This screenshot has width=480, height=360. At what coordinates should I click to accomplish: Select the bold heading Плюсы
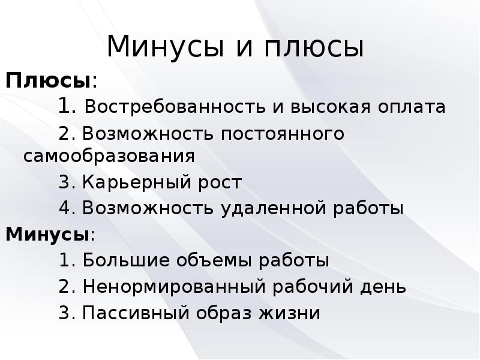[49, 80]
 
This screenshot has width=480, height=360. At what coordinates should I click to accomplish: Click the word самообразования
[110, 155]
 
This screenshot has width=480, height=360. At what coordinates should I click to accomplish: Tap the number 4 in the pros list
[65, 208]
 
